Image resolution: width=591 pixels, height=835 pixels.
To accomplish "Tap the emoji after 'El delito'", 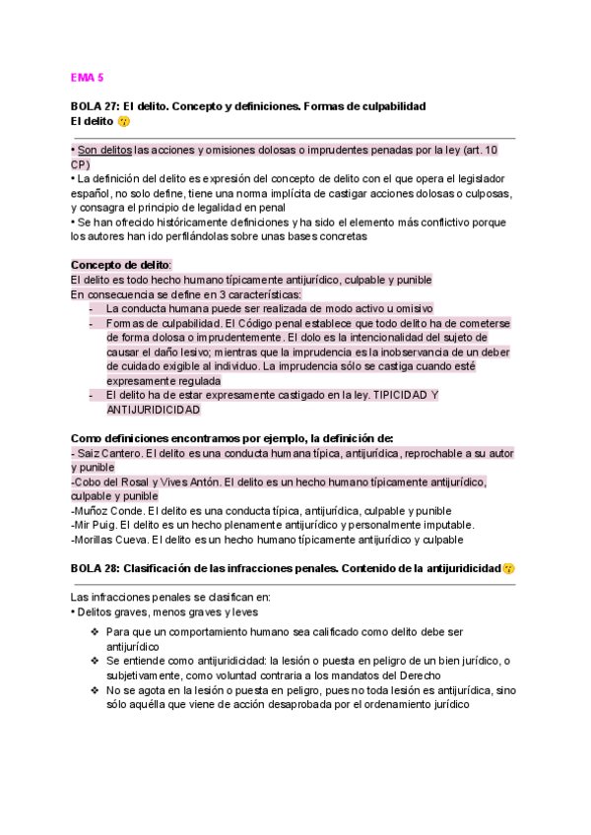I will [123, 121].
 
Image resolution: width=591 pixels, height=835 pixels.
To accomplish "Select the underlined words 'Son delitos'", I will [104, 151].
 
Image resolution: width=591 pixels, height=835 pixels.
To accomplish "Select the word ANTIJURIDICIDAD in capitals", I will [152, 410].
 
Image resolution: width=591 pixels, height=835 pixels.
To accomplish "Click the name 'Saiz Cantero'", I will [108, 453].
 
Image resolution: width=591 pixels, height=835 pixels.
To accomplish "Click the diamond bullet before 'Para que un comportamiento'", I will [94, 631].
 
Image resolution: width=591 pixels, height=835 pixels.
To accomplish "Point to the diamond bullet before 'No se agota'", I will [94, 689].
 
